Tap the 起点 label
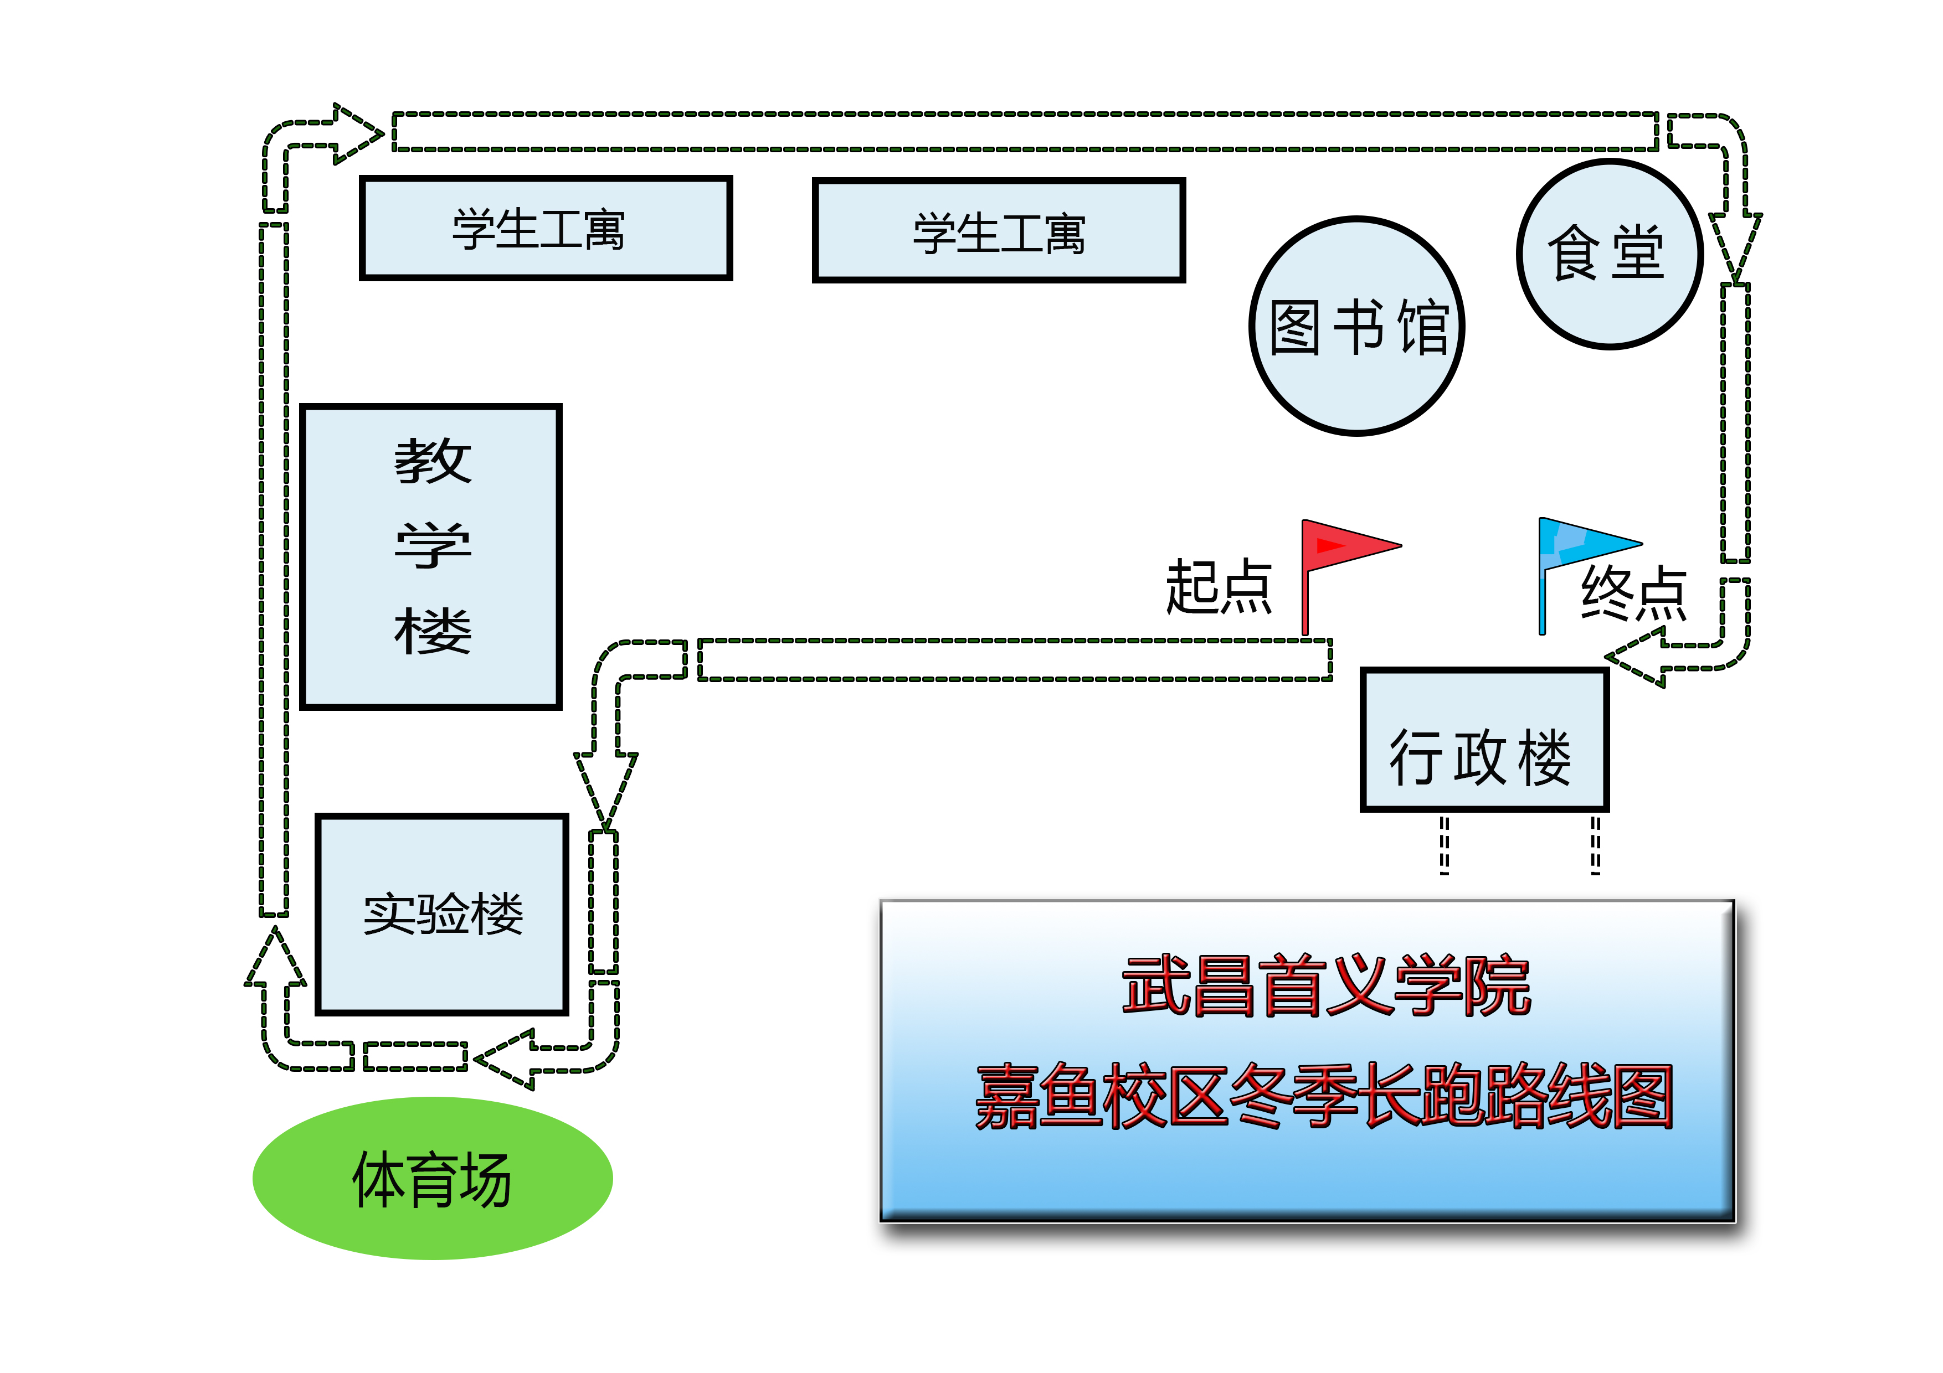coord(1219,586)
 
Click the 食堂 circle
coord(1610,254)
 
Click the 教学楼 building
coord(431,556)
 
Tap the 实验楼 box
coord(442,913)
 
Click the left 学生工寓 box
coord(546,229)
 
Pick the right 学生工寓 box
coord(999,231)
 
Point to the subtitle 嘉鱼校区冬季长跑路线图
coord(1324,1097)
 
